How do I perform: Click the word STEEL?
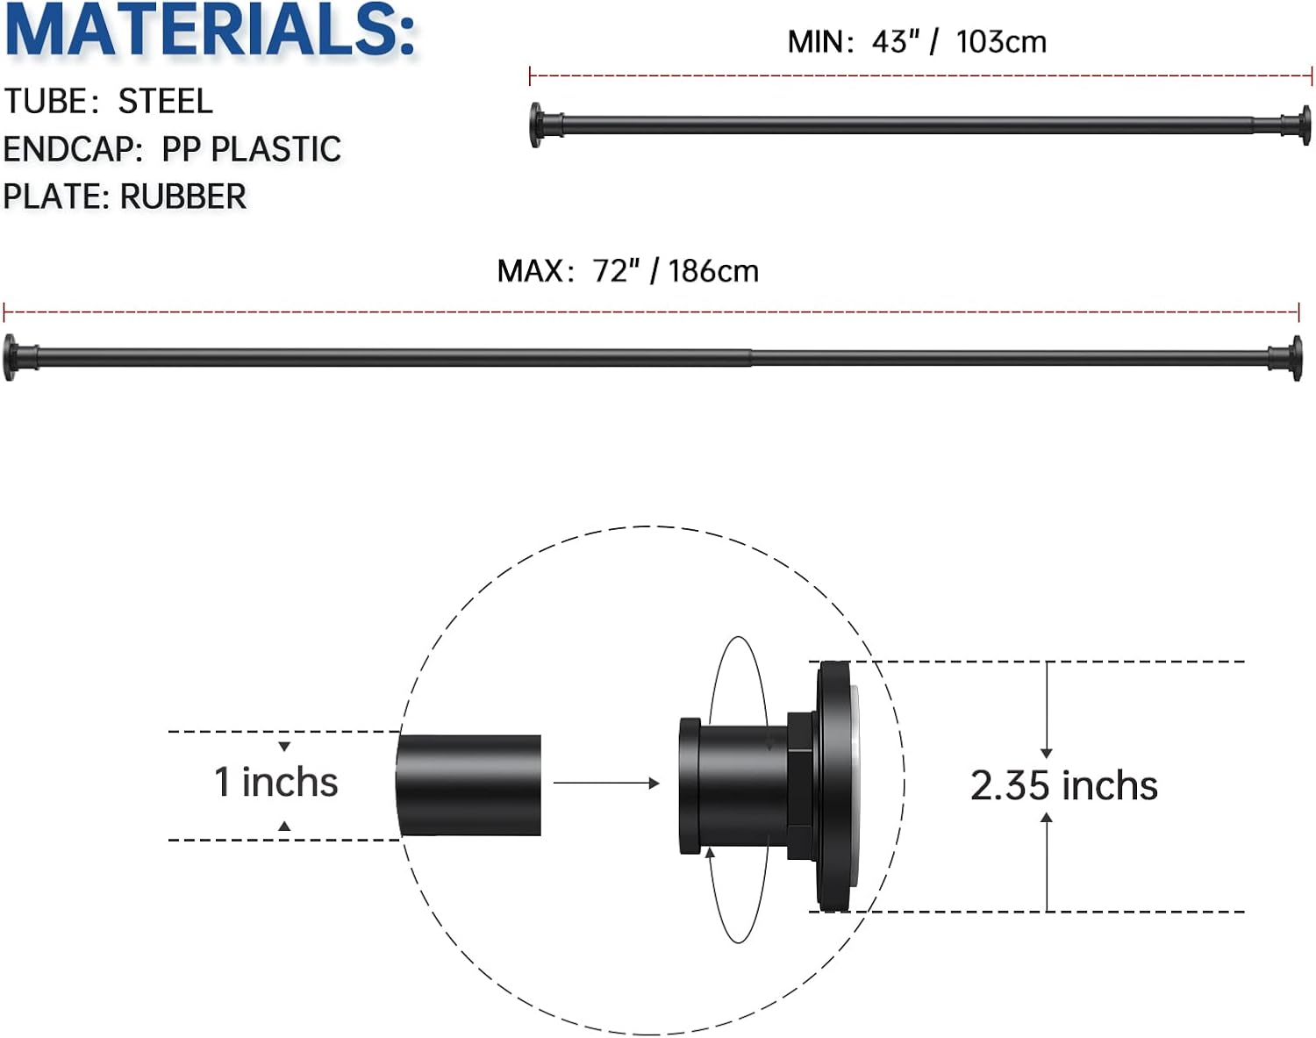pyautogui.click(x=166, y=102)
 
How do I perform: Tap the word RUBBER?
pyautogui.click(x=182, y=197)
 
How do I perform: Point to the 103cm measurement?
pyautogui.click(x=1001, y=42)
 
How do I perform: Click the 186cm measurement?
pyautogui.click(x=713, y=271)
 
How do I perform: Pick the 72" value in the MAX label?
pyautogui.click(x=616, y=271)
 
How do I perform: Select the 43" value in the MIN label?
pyautogui.click(x=895, y=42)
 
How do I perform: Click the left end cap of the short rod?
pyautogui.click(x=536, y=125)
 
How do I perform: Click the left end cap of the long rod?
pyautogui.click(x=12, y=357)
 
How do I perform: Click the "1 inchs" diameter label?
pyautogui.click(x=276, y=782)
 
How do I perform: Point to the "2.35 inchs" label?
pyautogui.click(x=1063, y=785)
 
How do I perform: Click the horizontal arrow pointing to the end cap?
pyautogui.click(x=606, y=783)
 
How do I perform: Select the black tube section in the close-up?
pyautogui.click(x=469, y=784)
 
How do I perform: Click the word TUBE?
pyautogui.click(x=46, y=102)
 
